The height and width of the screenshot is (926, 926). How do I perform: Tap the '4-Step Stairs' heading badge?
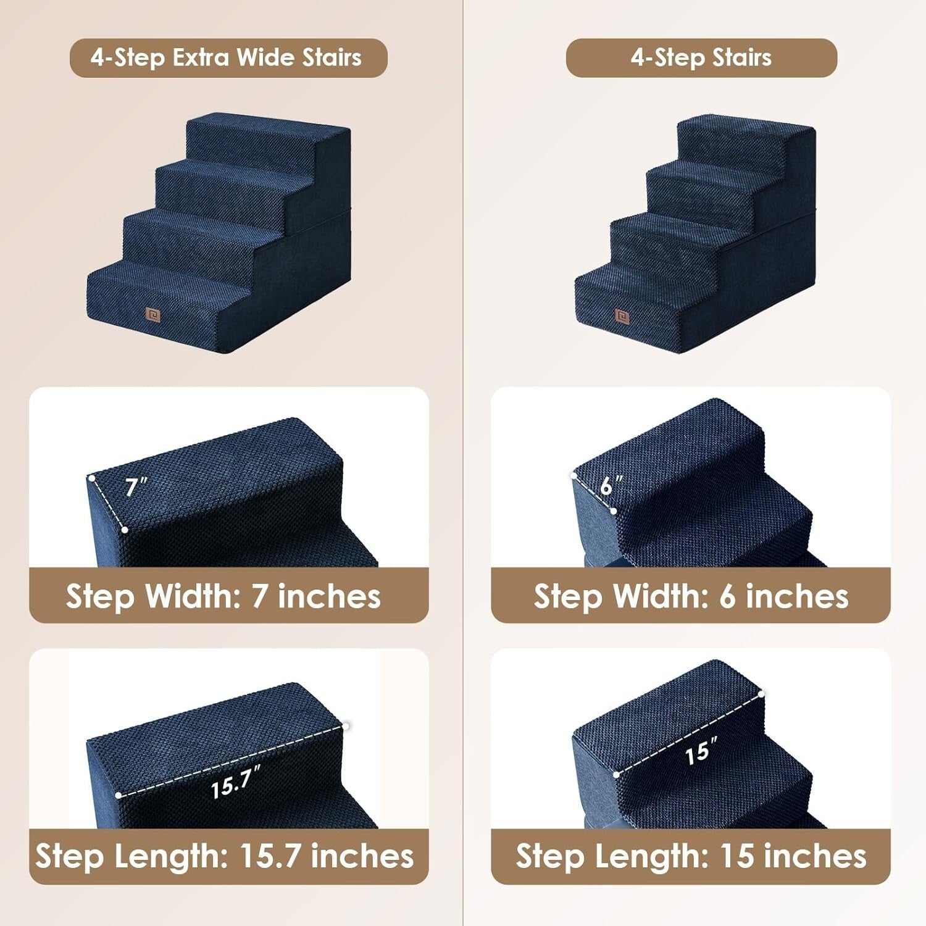(701, 58)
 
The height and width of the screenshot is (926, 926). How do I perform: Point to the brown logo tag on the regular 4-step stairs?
(622, 316)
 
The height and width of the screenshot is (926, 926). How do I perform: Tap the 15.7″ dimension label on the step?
(235, 783)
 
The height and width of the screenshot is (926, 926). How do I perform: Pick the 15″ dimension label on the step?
(701, 751)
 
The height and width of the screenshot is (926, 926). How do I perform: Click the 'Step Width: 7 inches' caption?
(223, 596)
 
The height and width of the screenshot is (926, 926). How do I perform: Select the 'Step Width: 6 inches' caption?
(691, 596)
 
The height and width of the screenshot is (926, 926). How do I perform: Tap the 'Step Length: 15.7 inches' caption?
(225, 856)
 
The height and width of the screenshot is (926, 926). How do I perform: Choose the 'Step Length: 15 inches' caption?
(691, 856)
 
